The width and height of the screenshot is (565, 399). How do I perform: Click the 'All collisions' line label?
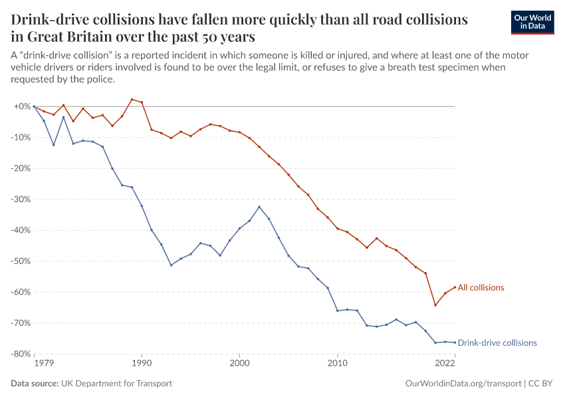[x=481, y=288]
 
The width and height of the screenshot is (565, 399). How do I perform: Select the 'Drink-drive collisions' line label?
[x=497, y=343]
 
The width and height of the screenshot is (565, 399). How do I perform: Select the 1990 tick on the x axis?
[x=142, y=364]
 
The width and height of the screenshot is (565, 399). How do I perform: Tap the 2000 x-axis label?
[x=239, y=364]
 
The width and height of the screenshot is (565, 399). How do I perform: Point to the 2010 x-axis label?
[x=338, y=364]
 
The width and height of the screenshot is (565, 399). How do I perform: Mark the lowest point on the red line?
[x=435, y=305]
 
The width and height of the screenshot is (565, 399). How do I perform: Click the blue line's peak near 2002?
[x=259, y=207]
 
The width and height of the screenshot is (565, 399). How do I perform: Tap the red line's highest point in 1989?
[x=132, y=99]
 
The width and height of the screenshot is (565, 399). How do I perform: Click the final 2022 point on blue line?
[x=455, y=342]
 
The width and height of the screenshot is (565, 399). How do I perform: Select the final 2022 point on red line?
[x=455, y=287]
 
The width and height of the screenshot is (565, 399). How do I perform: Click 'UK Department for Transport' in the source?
[x=116, y=384]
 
